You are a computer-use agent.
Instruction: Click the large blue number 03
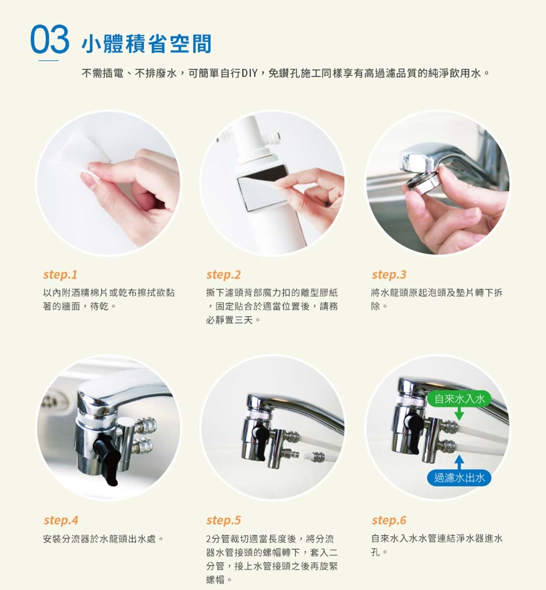(x=50, y=39)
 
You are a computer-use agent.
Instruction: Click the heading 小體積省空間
(x=147, y=44)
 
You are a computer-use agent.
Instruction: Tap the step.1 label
(x=60, y=275)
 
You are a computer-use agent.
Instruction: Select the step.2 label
(x=224, y=275)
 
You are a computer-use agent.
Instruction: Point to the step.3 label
(x=389, y=275)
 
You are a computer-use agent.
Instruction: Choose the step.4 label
(x=61, y=520)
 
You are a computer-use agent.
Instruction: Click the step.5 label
(x=224, y=520)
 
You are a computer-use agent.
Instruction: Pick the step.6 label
(x=389, y=520)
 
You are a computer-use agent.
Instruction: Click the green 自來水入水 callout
(x=459, y=399)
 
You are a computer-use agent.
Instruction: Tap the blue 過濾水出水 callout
(x=459, y=478)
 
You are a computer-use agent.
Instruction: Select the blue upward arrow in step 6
(x=459, y=463)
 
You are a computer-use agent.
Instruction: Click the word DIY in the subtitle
(x=249, y=73)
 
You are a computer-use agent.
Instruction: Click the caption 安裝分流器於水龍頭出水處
(x=103, y=539)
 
